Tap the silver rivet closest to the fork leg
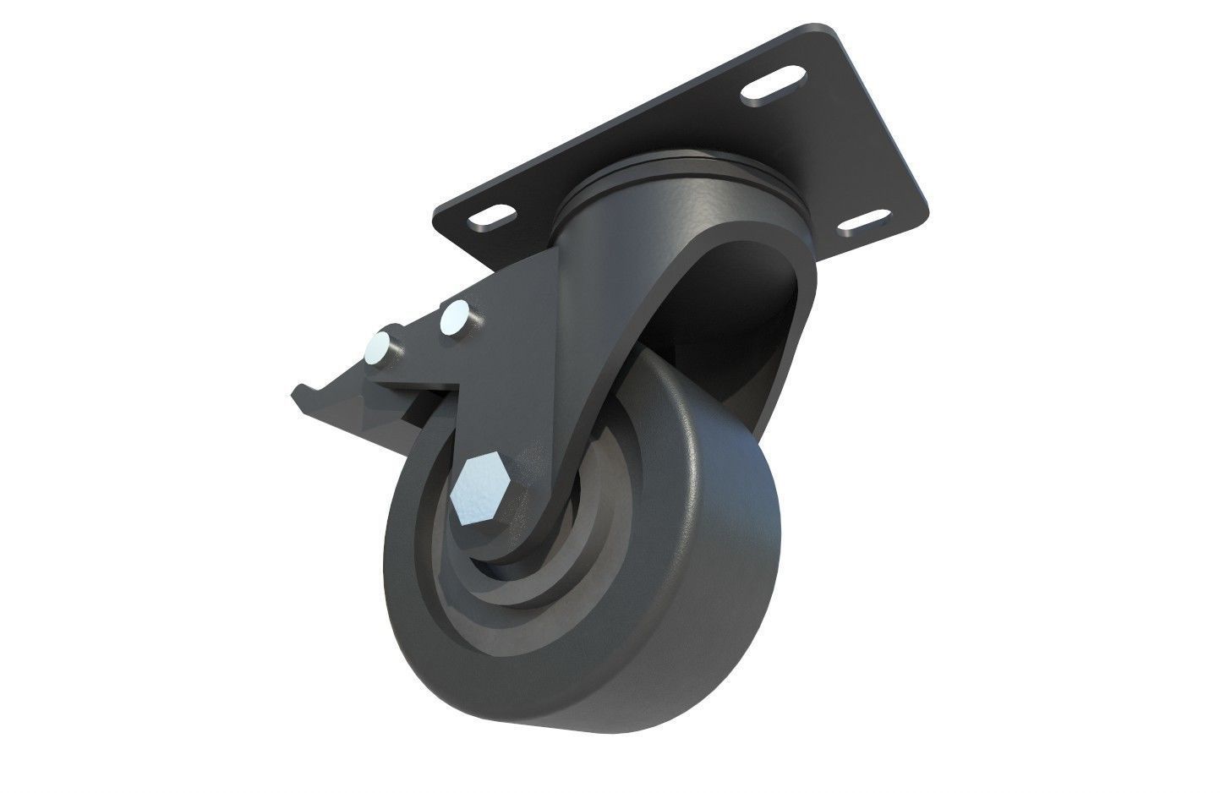click(x=457, y=316)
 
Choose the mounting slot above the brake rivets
click(x=493, y=218)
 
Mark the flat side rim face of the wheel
click(x=423, y=575)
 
